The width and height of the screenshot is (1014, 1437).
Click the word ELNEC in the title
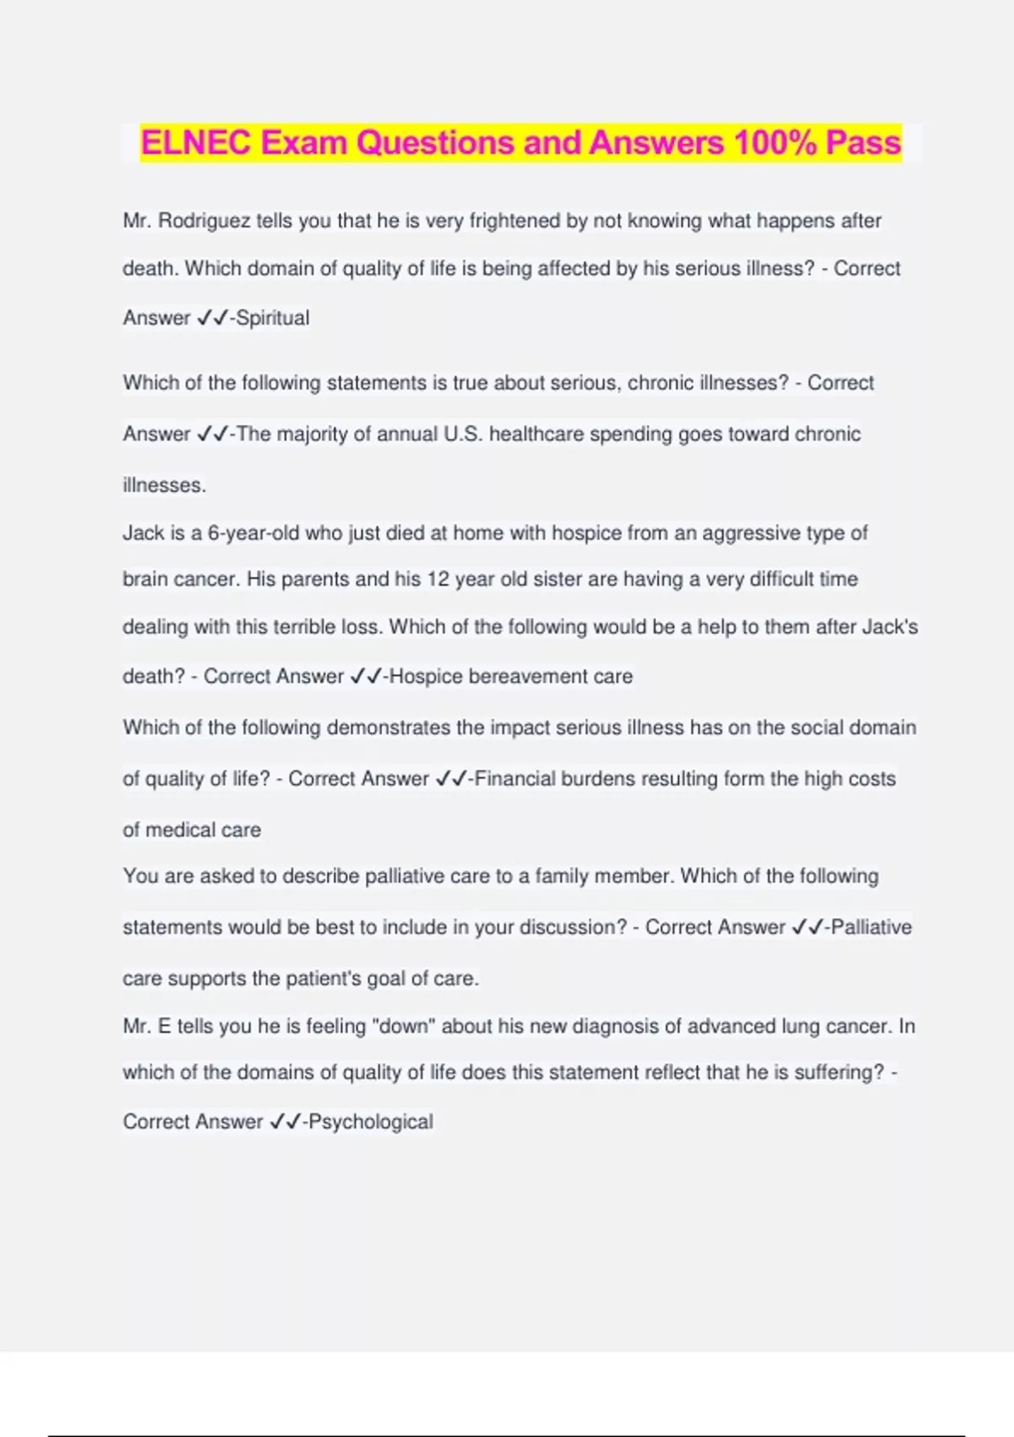tap(196, 143)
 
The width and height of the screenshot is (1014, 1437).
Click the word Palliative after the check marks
tap(871, 927)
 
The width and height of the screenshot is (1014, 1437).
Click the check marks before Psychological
tap(285, 1123)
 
